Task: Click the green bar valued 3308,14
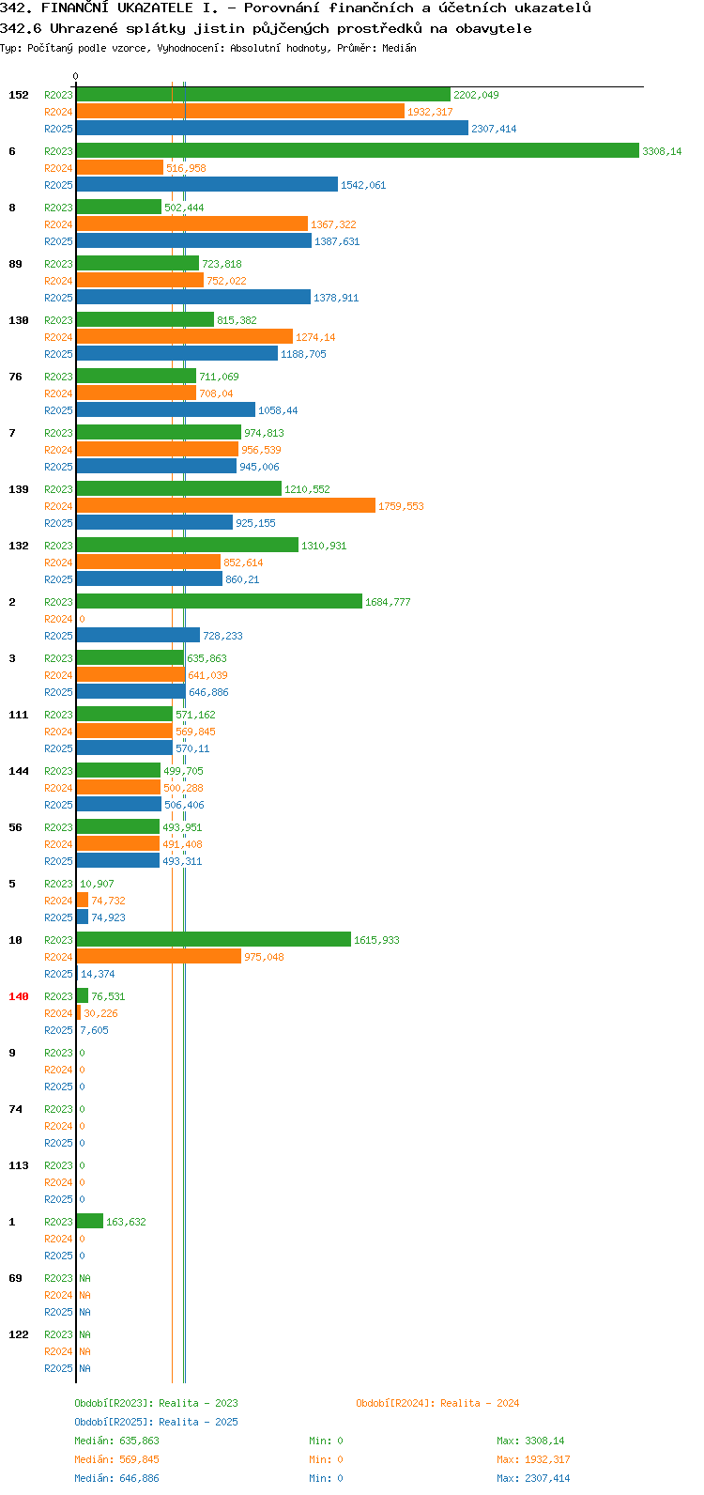(358, 151)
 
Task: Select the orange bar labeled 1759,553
(226, 506)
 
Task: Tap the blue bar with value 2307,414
(272, 128)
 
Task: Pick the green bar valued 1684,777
(220, 601)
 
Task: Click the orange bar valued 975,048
(159, 956)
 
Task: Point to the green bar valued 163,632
(90, 1222)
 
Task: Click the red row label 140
(19, 996)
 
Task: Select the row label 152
(19, 95)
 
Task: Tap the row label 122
(19, 1334)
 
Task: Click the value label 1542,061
(363, 185)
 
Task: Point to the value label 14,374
(98, 974)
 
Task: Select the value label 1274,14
(315, 337)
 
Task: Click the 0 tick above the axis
(75, 76)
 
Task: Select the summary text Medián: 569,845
(116, 1459)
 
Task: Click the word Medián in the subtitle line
(399, 48)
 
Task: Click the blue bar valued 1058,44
(166, 409)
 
